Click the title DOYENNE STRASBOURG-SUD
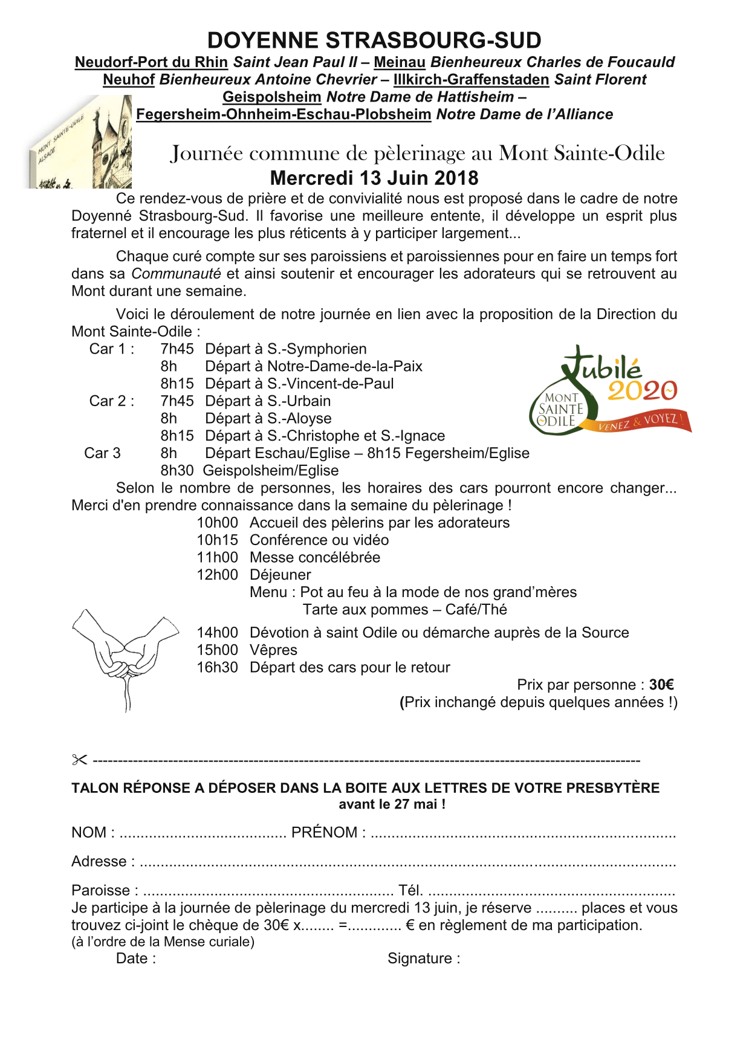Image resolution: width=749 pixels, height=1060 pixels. [374, 40]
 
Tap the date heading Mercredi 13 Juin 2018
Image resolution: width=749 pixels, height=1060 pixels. [374, 178]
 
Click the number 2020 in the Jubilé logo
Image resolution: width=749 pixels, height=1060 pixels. [642, 391]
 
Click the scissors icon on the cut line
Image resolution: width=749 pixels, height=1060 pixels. [79, 760]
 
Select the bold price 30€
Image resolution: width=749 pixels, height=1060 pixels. [661, 685]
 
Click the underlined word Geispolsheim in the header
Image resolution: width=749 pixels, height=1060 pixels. [271, 97]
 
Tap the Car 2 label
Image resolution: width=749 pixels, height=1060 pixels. [111, 401]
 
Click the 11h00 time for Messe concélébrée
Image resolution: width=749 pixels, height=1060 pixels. [217, 558]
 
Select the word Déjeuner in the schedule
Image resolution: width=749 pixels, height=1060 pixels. [280, 575]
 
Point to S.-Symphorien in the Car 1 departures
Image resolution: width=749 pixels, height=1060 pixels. [317, 349]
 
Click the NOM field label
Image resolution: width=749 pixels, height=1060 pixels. [89, 833]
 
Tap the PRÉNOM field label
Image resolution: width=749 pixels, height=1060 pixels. [325, 833]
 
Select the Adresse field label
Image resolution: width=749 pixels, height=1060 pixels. [100, 862]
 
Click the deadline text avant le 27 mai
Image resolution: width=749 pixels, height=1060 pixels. [391, 804]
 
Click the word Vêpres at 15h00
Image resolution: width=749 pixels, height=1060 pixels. [273, 650]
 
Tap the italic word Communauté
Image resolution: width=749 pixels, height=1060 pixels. [176, 274]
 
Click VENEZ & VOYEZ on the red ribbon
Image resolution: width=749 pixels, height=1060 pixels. [642, 421]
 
